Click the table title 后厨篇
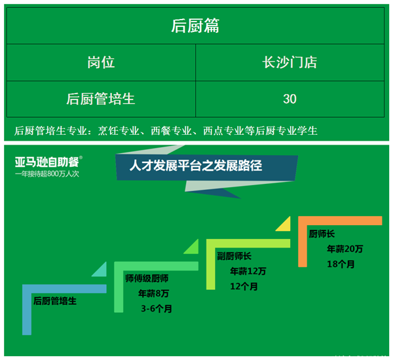point(195,26)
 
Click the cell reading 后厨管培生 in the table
point(101,99)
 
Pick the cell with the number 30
point(290,99)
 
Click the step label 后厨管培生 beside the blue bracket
point(55,301)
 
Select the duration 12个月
point(244,286)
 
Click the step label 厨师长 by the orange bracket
point(322,234)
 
